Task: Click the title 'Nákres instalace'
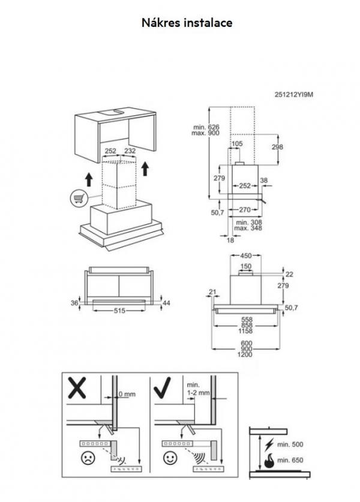(187, 23)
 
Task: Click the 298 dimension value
(278, 147)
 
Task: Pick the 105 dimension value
(237, 143)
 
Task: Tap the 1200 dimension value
(246, 354)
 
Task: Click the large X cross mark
(77, 390)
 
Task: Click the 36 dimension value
(74, 304)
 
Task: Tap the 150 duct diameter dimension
(246, 266)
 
